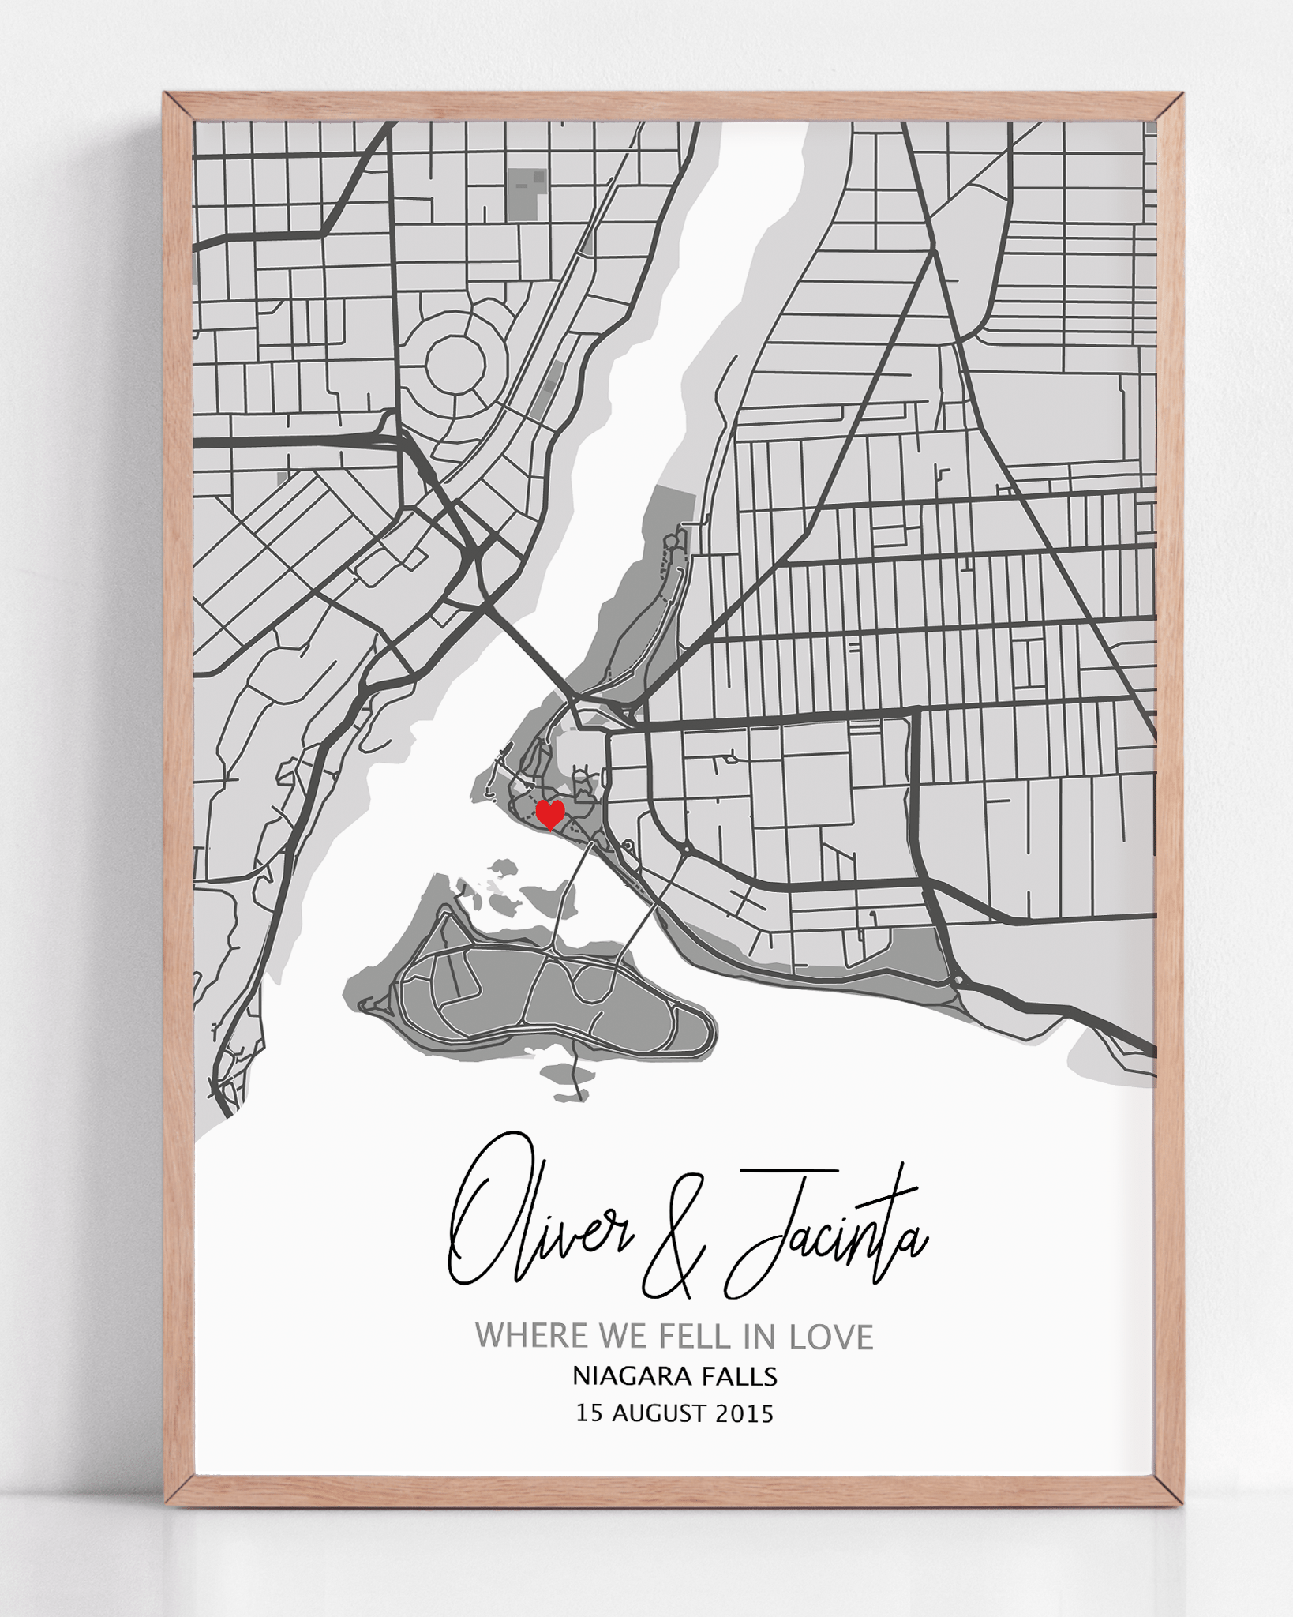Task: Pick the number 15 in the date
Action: click(x=589, y=1413)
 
